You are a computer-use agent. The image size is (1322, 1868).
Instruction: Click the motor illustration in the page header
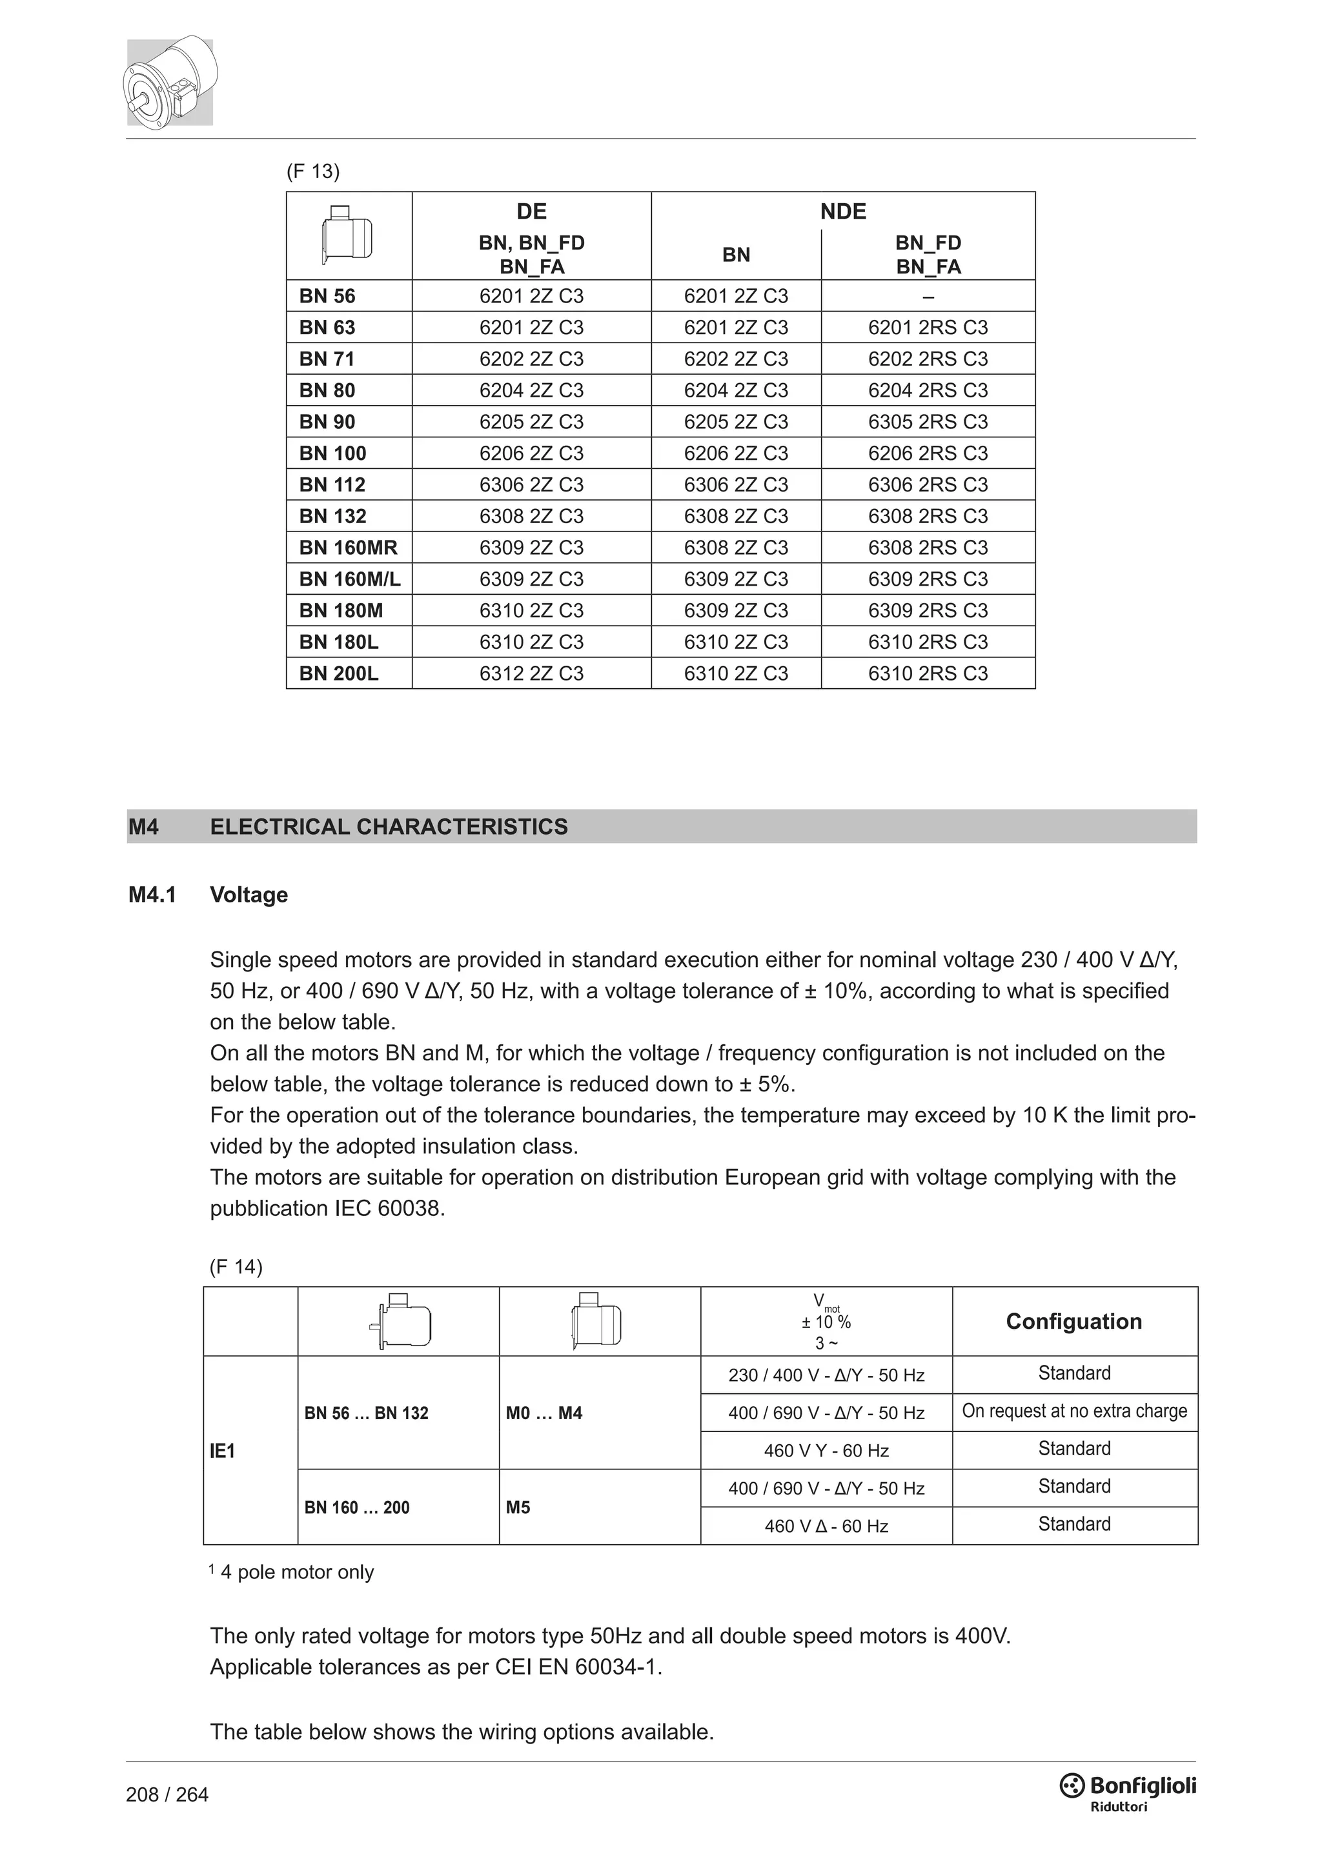click(x=170, y=81)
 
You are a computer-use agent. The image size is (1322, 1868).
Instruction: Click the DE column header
click(x=531, y=212)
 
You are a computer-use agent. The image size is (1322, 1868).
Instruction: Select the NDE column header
click(x=842, y=212)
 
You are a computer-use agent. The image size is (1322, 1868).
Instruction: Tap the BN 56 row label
click(x=327, y=296)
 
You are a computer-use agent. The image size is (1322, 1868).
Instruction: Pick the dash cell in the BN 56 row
click(x=928, y=297)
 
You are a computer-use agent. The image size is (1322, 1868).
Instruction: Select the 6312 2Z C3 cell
click(x=531, y=673)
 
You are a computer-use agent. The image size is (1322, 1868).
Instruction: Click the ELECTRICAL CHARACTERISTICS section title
click(x=389, y=827)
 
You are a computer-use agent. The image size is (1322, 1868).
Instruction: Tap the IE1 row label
click(x=222, y=1451)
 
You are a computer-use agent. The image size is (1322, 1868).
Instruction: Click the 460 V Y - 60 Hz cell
click(x=826, y=1451)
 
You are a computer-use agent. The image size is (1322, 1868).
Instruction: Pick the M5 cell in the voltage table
click(x=518, y=1507)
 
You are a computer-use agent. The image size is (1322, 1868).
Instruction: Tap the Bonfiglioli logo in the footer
click(x=1128, y=1789)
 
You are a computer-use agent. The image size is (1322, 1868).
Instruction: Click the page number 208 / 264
click(x=167, y=1794)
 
